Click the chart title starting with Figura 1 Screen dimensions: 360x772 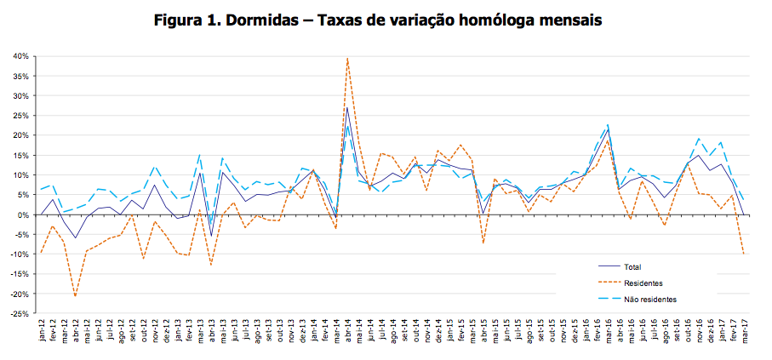[x=377, y=20]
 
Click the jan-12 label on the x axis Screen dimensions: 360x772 [x=42, y=329]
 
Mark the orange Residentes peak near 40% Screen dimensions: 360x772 [x=347, y=57]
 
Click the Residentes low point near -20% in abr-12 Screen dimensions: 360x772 [x=75, y=296]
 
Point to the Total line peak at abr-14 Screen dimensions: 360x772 [x=347, y=107]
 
